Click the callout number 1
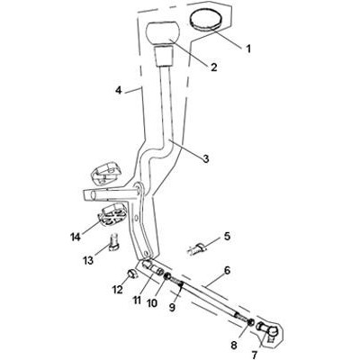[x=248, y=49]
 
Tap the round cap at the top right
[x=205, y=19]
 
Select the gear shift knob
[x=163, y=33]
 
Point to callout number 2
[x=213, y=67]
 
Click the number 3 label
[x=206, y=158]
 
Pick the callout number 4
[x=119, y=90]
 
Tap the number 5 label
[x=227, y=236]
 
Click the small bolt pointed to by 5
[x=196, y=249]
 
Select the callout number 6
[x=227, y=271]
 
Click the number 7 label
[x=254, y=355]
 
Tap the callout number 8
[x=234, y=345]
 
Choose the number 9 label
[x=172, y=308]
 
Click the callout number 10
[x=152, y=303]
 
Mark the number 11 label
[x=137, y=300]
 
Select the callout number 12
[x=118, y=290]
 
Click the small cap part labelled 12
[x=131, y=274]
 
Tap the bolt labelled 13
[x=114, y=242]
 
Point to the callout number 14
[x=76, y=238]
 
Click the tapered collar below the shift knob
[x=164, y=57]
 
